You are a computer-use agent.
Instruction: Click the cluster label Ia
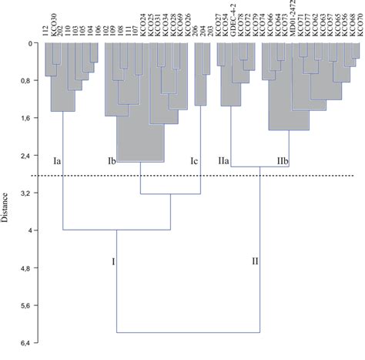(57, 162)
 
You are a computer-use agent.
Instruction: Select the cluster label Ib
(111, 162)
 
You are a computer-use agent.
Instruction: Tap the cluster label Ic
(195, 162)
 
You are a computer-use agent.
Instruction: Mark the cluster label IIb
(282, 162)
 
